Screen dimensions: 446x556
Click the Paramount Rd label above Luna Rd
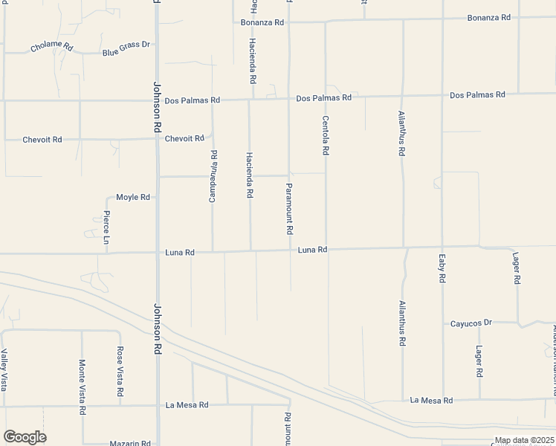pyautogui.click(x=289, y=209)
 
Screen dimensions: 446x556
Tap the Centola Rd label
pyautogui.click(x=325, y=135)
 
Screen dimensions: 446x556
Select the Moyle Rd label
pyautogui.click(x=133, y=197)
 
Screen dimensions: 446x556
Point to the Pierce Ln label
pyautogui.click(x=106, y=228)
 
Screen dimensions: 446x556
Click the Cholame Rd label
pyautogui.click(x=52, y=47)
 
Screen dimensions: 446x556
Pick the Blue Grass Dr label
pyautogui.click(x=126, y=48)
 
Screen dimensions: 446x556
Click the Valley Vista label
pyautogui.click(x=4, y=370)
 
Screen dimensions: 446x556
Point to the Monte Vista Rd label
pyautogui.click(x=82, y=387)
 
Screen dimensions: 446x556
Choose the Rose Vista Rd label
pyautogui.click(x=119, y=371)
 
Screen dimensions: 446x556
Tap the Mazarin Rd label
pyautogui.click(x=130, y=443)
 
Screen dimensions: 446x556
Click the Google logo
pyautogui.click(x=25, y=437)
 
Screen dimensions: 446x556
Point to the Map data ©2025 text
pyautogui.click(x=524, y=440)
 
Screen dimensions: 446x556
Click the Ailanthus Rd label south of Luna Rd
pyautogui.click(x=402, y=323)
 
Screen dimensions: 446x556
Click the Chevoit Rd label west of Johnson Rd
pyautogui.click(x=42, y=139)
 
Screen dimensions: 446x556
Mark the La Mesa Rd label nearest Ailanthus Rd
pyautogui.click(x=431, y=400)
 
